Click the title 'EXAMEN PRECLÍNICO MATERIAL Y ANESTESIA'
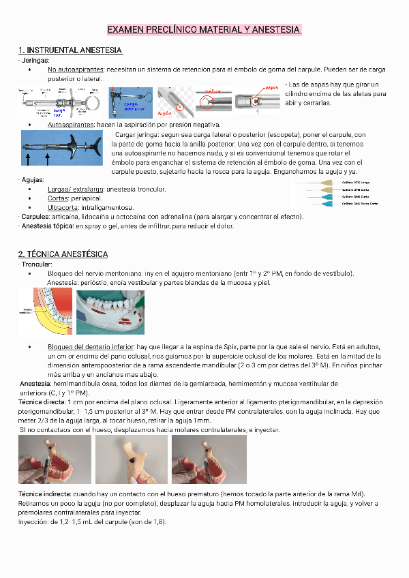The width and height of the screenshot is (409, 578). pos(204,30)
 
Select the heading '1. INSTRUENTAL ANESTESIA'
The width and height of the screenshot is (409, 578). pos(70,50)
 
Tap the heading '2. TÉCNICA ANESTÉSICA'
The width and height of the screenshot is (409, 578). pos(63,254)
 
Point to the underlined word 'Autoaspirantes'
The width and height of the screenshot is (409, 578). pos(71,125)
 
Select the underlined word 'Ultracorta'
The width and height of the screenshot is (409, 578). pos(63,207)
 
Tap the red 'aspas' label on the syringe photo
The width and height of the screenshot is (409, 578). pos(271,88)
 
